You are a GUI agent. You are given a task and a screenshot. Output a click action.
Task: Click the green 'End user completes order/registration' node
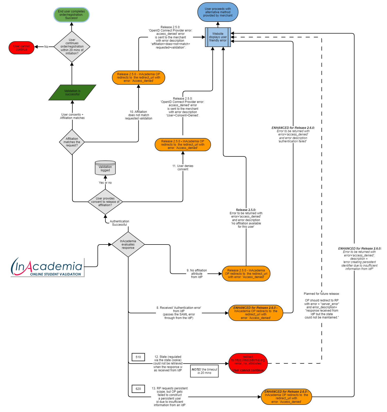[x=71, y=15]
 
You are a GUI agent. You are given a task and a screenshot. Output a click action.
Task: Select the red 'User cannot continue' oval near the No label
[x=22, y=48]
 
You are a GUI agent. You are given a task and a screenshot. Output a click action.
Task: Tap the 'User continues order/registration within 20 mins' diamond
[x=72, y=47]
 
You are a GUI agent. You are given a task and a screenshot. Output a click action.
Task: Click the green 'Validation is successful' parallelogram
[x=72, y=93]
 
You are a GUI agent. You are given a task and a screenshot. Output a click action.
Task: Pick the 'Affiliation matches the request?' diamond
[x=72, y=142]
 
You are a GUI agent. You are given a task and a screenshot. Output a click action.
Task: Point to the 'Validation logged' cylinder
[x=105, y=168]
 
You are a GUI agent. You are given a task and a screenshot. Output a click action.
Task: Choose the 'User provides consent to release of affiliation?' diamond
[x=105, y=202]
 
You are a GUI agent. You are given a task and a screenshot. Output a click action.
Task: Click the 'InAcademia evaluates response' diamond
[x=128, y=245]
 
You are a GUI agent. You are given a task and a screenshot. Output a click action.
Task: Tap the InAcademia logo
[x=47, y=267]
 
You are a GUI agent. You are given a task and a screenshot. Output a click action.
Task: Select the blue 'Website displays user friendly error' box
[x=218, y=37]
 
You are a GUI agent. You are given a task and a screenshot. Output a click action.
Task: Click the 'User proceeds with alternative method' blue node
[x=218, y=12]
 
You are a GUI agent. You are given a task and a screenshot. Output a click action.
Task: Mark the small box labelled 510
[x=138, y=357]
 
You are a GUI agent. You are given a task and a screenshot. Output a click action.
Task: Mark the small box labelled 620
[x=138, y=389]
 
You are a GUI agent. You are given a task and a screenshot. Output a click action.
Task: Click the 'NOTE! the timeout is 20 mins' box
[x=204, y=371]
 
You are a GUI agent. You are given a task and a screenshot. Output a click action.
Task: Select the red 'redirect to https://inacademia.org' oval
[x=248, y=363]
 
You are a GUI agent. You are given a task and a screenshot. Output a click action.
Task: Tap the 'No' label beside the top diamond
[x=46, y=47]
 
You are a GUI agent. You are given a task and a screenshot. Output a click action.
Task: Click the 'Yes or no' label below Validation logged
[x=105, y=183]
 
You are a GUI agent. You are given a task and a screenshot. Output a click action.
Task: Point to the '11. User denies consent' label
[x=183, y=167]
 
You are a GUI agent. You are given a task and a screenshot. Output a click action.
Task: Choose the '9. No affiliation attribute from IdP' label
[x=197, y=274]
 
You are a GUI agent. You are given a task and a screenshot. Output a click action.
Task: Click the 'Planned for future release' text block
[x=322, y=306]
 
